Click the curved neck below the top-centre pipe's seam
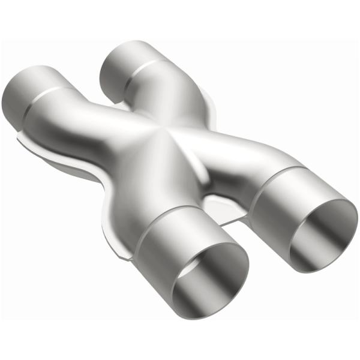pos(156,96)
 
